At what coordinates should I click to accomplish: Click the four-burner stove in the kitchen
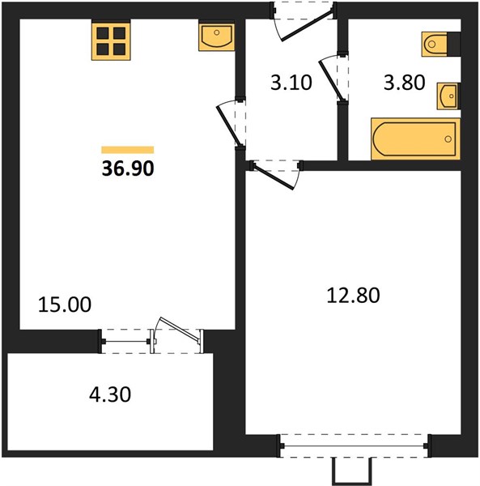pyautogui.click(x=111, y=40)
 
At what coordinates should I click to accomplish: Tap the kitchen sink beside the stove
pyautogui.click(x=216, y=36)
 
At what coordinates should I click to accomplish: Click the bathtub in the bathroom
pyautogui.click(x=415, y=139)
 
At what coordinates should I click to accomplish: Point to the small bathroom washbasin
pyautogui.click(x=448, y=96)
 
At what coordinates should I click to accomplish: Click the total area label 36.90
pyautogui.click(x=128, y=169)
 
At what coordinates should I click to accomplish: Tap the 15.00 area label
pyautogui.click(x=65, y=305)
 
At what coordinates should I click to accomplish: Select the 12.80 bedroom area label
pyautogui.click(x=354, y=295)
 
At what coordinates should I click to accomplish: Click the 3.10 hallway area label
pyautogui.click(x=291, y=83)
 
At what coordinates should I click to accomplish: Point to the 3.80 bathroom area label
pyautogui.click(x=405, y=83)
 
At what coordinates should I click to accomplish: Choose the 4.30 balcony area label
pyautogui.click(x=110, y=394)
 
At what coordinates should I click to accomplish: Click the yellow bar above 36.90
pyautogui.click(x=128, y=150)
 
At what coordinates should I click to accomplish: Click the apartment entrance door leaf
pyautogui.click(x=307, y=26)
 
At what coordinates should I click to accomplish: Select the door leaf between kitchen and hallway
pyautogui.click(x=228, y=126)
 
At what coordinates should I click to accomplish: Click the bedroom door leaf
pyautogui.click(x=273, y=177)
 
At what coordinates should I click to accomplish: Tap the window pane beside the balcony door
pyautogui.click(x=126, y=342)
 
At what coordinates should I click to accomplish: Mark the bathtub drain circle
pyautogui.click(x=448, y=139)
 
